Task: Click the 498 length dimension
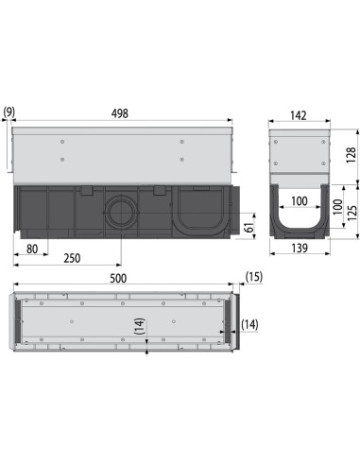click(x=120, y=113)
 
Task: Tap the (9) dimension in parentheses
click(x=8, y=113)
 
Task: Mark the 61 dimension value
click(x=249, y=226)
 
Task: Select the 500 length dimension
click(x=120, y=280)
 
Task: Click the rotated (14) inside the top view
click(x=140, y=326)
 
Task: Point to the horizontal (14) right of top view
click(x=249, y=324)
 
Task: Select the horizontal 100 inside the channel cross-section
click(x=299, y=201)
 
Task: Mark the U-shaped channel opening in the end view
click(x=299, y=222)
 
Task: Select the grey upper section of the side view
click(x=120, y=156)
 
